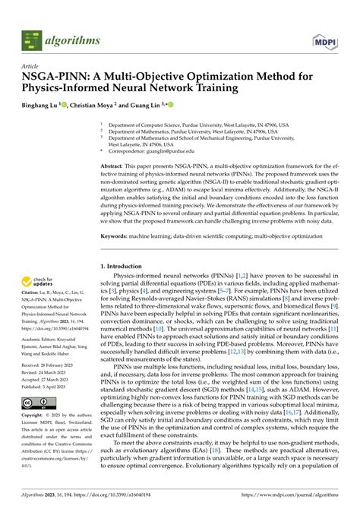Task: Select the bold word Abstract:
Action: (115, 165)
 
